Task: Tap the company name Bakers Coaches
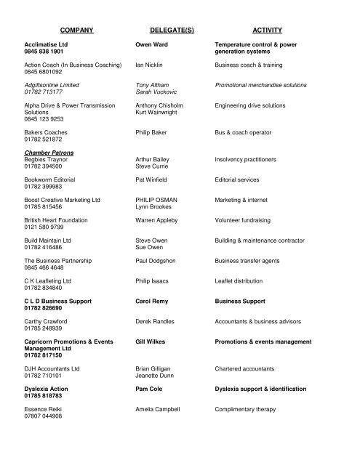[47, 133]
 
